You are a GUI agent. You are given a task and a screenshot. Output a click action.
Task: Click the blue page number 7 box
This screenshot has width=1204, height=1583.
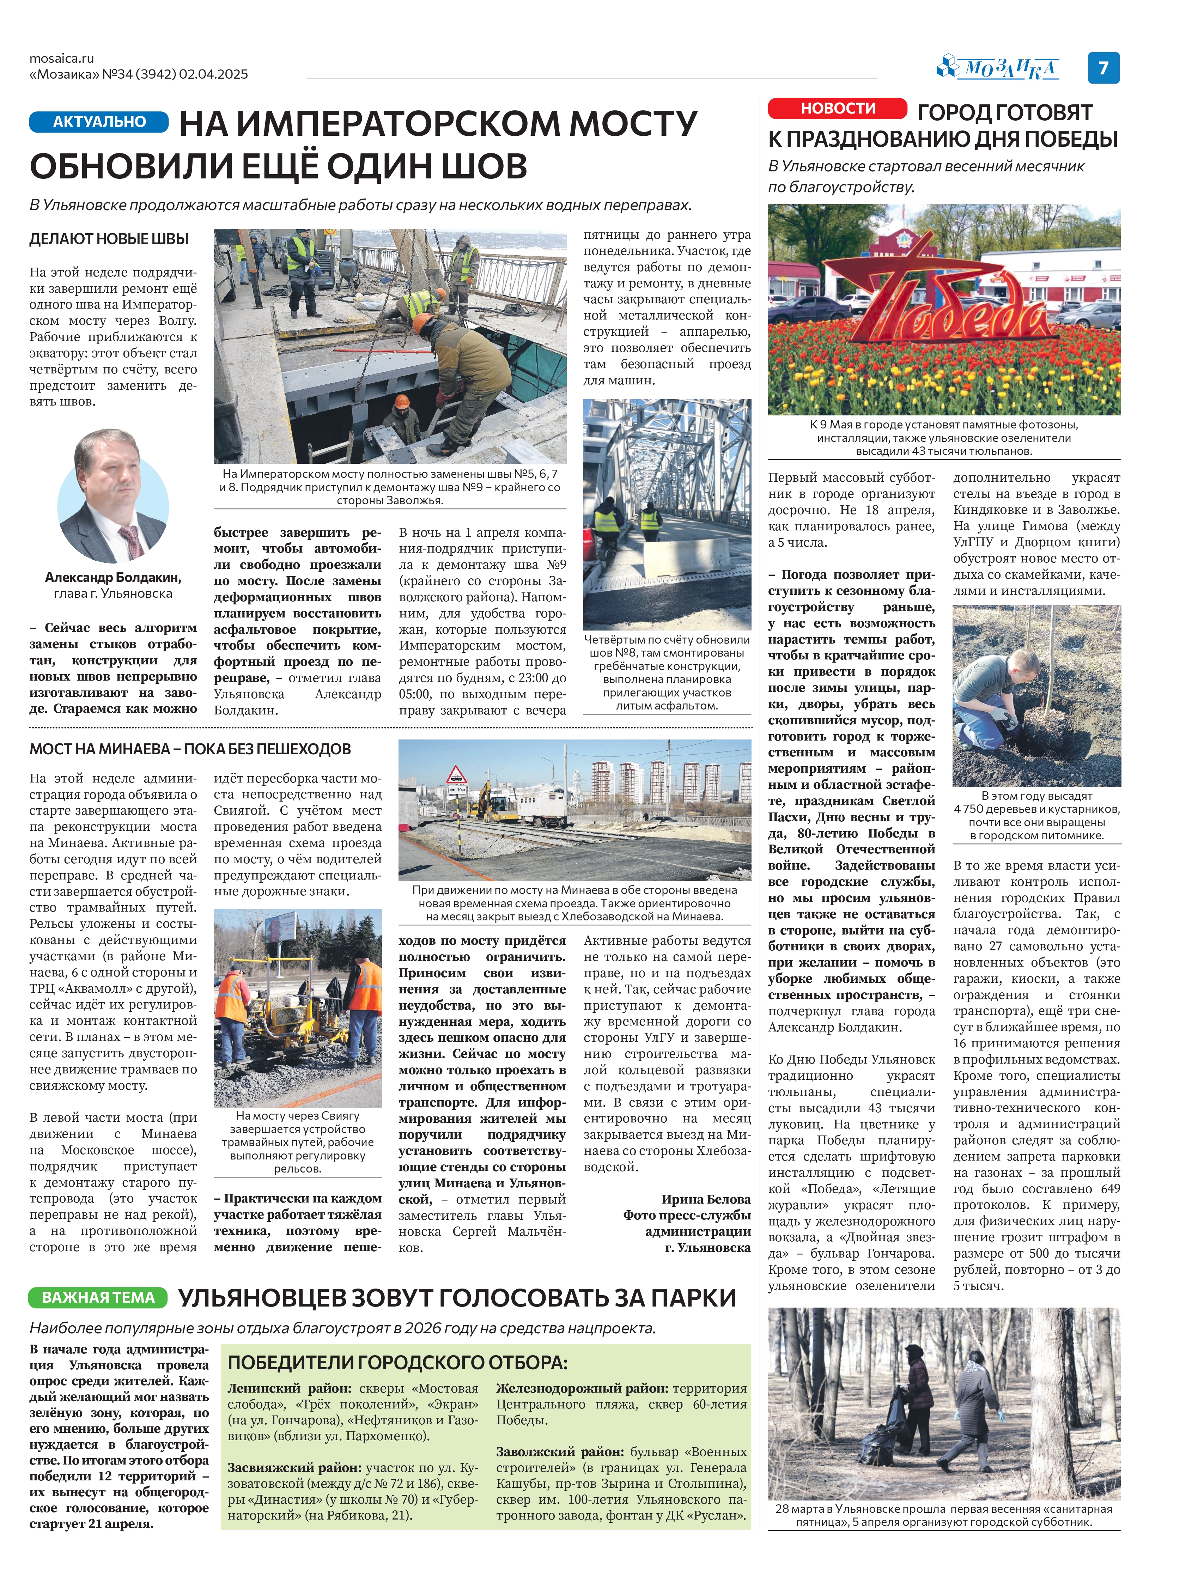pos(1104,68)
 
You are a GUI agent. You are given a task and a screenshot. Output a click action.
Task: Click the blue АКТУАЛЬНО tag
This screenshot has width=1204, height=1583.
pos(99,122)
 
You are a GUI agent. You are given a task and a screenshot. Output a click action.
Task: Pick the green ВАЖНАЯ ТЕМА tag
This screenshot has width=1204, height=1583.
pos(98,1297)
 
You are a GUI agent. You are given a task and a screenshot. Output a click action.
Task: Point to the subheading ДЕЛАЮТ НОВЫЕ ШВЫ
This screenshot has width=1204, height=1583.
pos(109,239)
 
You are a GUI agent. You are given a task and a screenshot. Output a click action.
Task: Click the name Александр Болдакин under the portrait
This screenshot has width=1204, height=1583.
pos(113,578)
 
